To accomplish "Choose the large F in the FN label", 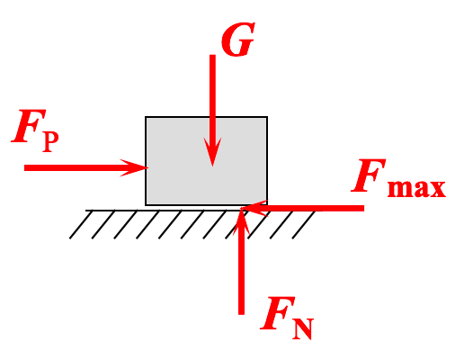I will (x=273, y=314).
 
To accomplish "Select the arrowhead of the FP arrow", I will (x=138, y=166).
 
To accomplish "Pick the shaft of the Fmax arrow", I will (x=315, y=208).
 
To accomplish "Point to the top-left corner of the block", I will (x=147, y=117).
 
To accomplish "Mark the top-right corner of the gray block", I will (x=267, y=117).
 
